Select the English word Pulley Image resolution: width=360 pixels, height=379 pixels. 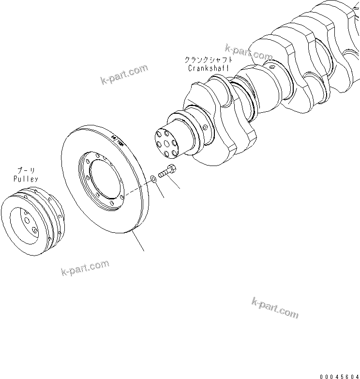26,179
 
